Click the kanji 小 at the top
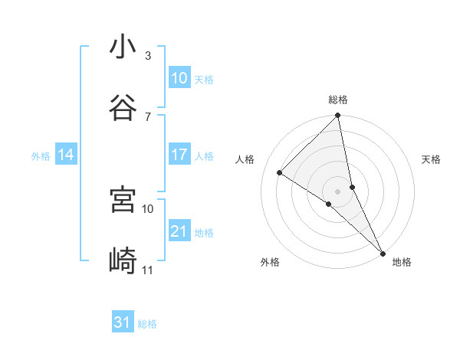click(x=123, y=47)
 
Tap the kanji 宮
click(x=123, y=199)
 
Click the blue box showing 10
click(x=179, y=78)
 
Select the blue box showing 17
click(x=179, y=155)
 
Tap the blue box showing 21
click(x=179, y=231)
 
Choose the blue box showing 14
click(x=66, y=155)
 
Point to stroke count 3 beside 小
click(x=148, y=56)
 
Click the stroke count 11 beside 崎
click(x=148, y=270)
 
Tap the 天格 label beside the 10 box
click(x=204, y=80)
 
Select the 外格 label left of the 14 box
click(x=41, y=156)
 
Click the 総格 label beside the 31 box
click(x=147, y=324)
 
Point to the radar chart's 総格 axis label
click(x=338, y=100)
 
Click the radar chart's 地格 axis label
click(x=402, y=262)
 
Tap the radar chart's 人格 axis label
click(x=245, y=159)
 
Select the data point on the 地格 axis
click(x=383, y=253)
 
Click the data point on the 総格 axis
click(x=338, y=116)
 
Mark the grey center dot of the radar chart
click(x=338, y=191)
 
